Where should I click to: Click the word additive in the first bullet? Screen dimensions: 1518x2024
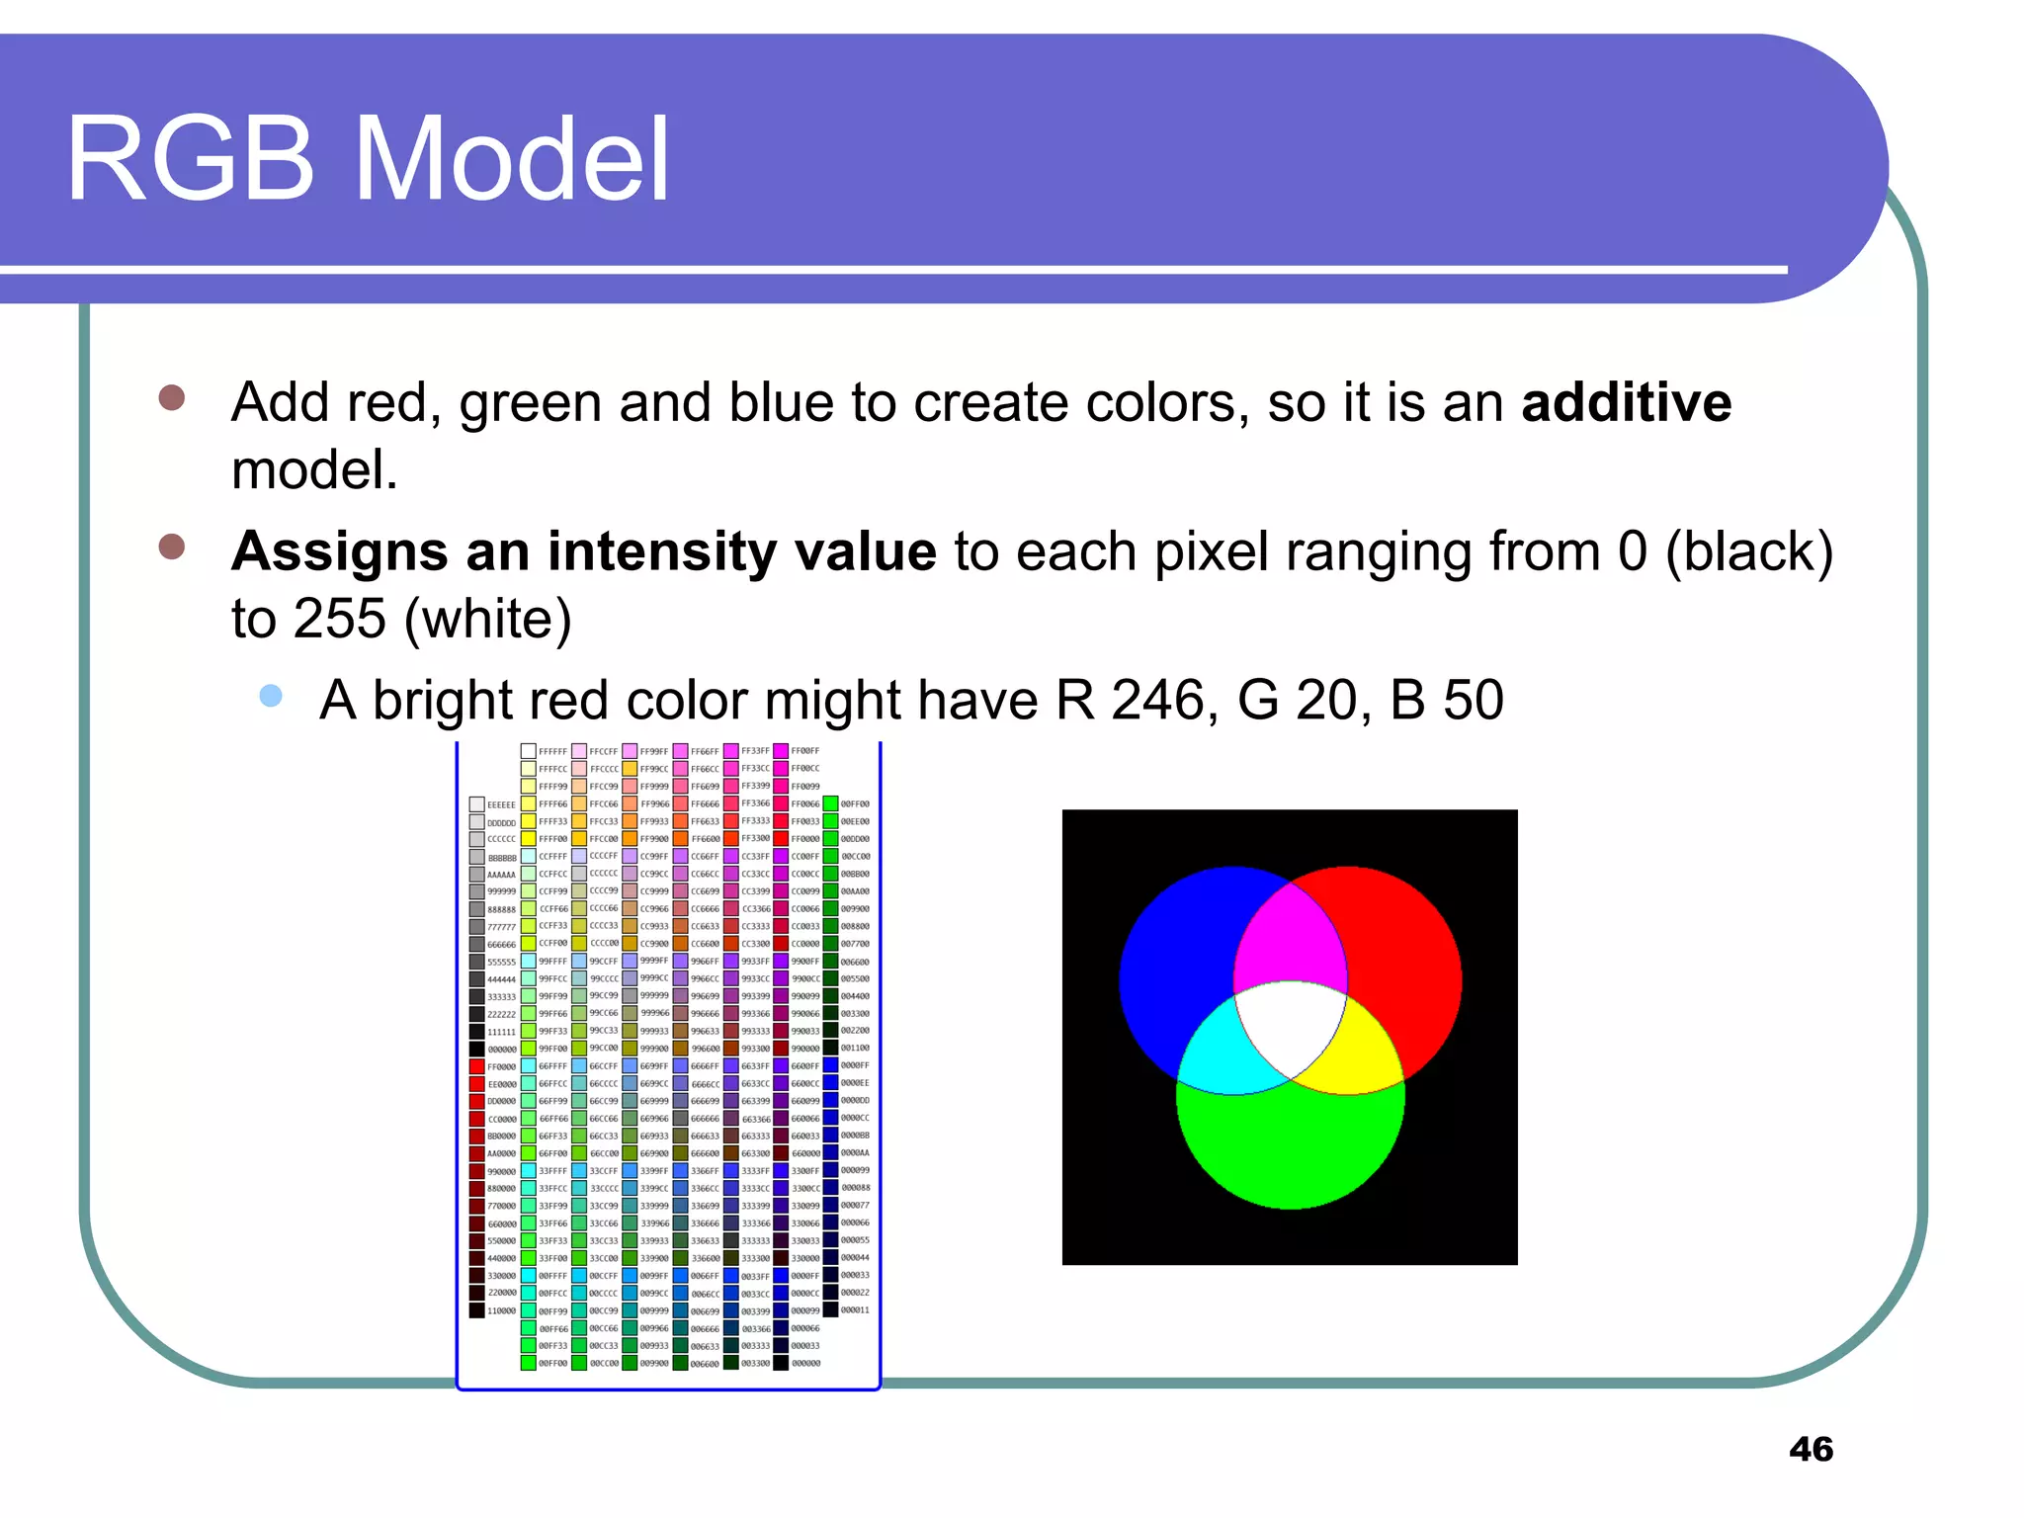[x=1626, y=403]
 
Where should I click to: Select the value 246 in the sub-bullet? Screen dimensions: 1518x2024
[x=1156, y=701]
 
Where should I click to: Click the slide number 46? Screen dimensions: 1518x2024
[x=1811, y=1449]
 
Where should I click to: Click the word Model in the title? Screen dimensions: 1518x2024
[x=512, y=159]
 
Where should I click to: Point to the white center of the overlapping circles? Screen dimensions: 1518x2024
[x=1290, y=1028]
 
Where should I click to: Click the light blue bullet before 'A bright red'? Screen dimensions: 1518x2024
[x=271, y=697]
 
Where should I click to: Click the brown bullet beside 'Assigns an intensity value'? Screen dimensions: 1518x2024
[x=172, y=547]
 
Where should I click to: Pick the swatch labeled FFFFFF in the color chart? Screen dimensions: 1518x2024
[x=529, y=751]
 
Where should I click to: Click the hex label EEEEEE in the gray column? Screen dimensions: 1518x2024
[x=501, y=805]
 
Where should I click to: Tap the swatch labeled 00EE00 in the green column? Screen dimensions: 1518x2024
[x=831, y=821]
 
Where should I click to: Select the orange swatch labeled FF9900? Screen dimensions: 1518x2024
[x=630, y=839]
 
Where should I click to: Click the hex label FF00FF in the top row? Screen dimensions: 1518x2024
[x=804, y=751]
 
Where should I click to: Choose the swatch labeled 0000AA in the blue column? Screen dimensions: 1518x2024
[x=831, y=1152]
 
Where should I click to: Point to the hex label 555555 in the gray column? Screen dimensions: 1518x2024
[x=501, y=963]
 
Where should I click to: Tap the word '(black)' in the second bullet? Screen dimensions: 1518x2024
[x=1748, y=551]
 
